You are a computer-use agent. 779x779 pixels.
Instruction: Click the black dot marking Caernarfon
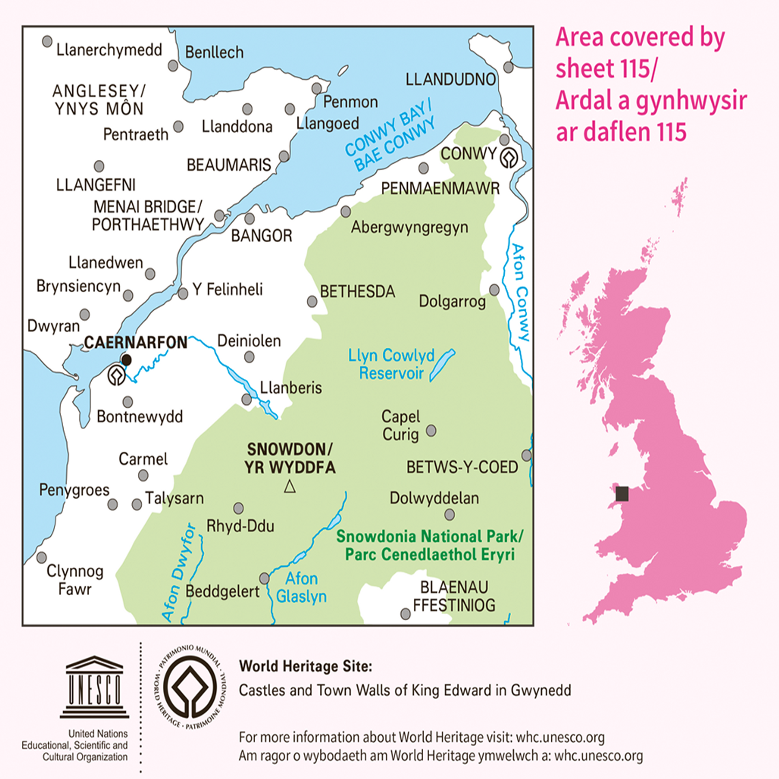[126, 360]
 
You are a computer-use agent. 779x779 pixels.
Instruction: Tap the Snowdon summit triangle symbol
[290, 486]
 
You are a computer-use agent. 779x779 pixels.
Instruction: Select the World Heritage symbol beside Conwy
[509, 158]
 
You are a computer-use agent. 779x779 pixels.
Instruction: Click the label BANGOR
[261, 236]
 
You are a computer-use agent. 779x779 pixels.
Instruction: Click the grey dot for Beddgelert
[264, 578]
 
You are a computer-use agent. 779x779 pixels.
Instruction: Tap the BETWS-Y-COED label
[462, 467]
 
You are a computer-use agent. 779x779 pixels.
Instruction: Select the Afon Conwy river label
[520, 292]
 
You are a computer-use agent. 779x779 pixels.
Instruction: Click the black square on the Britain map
[622, 494]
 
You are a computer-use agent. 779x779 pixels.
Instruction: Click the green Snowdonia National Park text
[430, 545]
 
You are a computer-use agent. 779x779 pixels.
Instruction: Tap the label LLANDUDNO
[450, 80]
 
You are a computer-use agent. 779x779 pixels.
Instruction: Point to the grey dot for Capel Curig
[431, 430]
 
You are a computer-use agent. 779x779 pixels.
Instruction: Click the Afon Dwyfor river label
[179, 572]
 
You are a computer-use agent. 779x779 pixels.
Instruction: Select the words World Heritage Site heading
[305, 666]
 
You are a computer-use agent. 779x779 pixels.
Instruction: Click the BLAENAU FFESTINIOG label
[454, 596]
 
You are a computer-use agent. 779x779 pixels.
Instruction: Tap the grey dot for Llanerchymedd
[47, 41]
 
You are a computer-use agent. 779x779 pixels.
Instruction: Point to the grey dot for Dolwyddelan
[450, 515]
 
